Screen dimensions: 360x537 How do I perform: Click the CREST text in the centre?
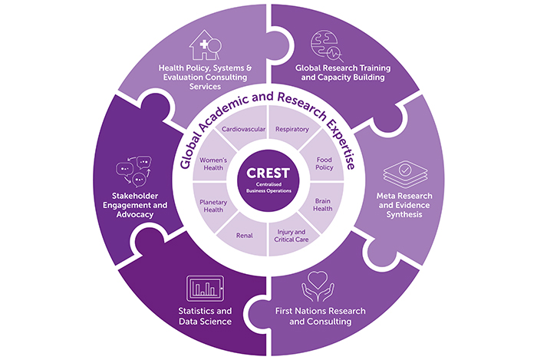[x=268, y=174]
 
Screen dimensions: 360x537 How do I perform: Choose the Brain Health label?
[x=324, y=205]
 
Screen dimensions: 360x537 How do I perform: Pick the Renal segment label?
[x=243, y=236]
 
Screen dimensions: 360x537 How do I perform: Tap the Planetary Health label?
[x=212, y=205]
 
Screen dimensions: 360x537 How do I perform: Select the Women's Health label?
[x=212, y=163]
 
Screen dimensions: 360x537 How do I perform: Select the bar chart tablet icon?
[x=203, y=287]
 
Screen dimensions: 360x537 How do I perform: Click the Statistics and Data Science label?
[x=203, y=316]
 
